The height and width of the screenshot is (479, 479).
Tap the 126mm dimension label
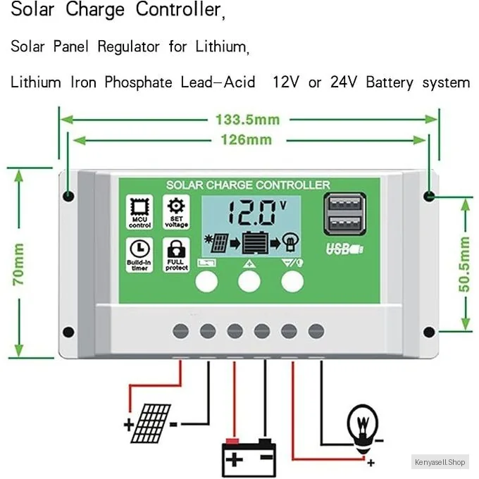pos(247,139)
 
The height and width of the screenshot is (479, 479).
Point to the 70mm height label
pos(19,263)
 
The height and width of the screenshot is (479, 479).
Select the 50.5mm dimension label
pos(464,268)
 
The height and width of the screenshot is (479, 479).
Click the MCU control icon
pos(139,212)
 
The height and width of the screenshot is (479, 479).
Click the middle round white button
pos(249,281)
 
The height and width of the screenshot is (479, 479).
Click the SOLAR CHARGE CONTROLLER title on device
pos(247,185)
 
